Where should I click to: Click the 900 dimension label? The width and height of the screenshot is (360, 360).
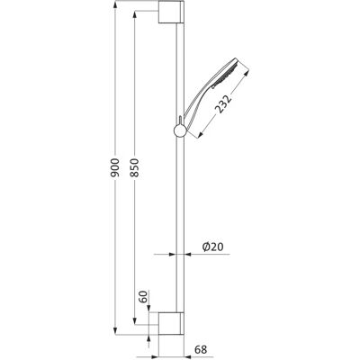click(x=116, y=167)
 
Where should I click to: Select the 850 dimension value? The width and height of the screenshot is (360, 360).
click(x=135, y=167)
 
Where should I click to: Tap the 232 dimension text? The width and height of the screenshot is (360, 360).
click(x=224, y=104)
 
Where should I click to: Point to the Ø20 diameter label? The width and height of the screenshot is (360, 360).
click(x=213, y=247)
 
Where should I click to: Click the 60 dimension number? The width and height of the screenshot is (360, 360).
click(x=144, y=297)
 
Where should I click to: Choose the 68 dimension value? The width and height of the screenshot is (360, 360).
click(x=201, y=349)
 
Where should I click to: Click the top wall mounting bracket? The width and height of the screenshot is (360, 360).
click(x=171, y=12)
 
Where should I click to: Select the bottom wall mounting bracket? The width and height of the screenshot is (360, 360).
click(x=171, y=323)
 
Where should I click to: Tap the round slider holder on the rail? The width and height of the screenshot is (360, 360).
click(x=180, y=130)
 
